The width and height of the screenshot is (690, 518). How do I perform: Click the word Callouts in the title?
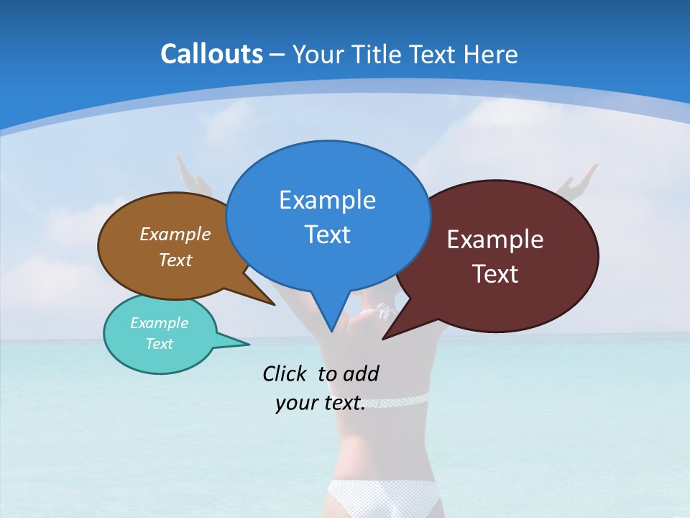[211, 54]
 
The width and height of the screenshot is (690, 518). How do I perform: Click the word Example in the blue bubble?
[327, 200]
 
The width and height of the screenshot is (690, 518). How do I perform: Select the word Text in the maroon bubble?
[495, 274]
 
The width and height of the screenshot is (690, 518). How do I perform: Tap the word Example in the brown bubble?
[175, 234]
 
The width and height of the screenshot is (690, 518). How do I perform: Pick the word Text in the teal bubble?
[159, 344]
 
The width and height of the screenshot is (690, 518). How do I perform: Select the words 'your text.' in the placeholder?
[321, 403]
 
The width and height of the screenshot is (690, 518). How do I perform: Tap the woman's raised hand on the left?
[188, 173]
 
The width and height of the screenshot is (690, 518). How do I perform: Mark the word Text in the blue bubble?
[327, 235]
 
